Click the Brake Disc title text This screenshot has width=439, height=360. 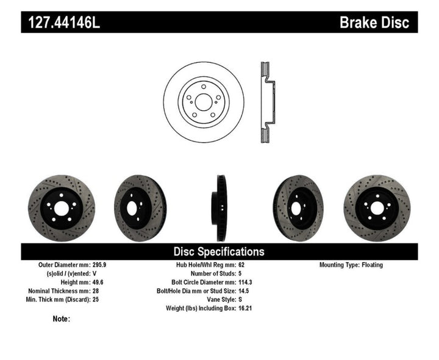375,23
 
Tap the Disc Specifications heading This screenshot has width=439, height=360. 219,251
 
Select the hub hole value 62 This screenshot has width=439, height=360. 242,265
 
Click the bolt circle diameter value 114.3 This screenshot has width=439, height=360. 246,283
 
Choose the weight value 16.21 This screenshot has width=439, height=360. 246,308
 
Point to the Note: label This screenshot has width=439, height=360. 62,319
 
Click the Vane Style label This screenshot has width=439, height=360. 218,300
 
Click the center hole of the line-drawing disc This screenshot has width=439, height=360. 204,102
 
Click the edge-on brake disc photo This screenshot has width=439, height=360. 219,207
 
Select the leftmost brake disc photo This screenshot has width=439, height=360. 61,208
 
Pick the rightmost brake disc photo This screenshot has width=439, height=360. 376,208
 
